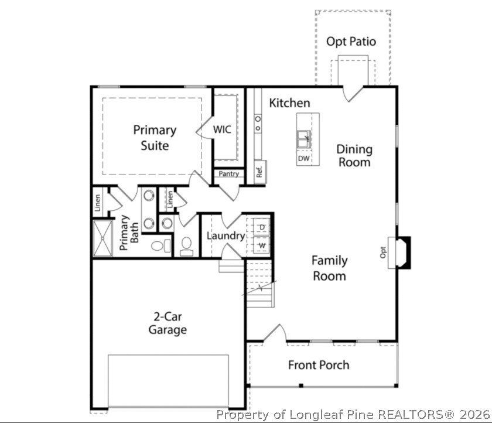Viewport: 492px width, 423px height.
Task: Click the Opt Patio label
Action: pyautogui.click(x=351, y=42)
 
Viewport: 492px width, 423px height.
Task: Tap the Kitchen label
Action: pyautogui.click(x=289, y=103)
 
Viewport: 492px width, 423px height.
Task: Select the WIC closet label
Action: pyautogui.click(x=222, y=129)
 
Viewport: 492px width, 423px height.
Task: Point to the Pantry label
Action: pyautogui.click(x=228, y=174)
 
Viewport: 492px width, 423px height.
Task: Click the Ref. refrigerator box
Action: pyautogui.click(x=259, y=172)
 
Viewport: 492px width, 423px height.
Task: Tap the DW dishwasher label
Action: pyautogui.click(x=303, y=159)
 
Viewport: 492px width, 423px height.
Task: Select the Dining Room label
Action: pyautogui.click(x=354, y=155)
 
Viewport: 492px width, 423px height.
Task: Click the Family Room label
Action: pyautogui.click(x=329, y=268)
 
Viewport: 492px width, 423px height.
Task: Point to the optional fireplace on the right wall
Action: pyautogui.click(x=402, y=251)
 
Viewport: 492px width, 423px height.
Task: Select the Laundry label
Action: pyautogui.click(x=225, y=236)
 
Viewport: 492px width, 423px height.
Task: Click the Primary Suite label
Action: pyautogui.click(x=155, y=137)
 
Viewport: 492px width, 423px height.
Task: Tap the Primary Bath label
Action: pyautogui.click(x=129, y=233)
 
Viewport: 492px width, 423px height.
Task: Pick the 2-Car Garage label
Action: pyautogui.click(x=168, y=323)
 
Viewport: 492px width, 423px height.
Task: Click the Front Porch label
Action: pyautogui.click(x=318, y=365)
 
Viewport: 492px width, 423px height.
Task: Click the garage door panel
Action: pyautogui.click(x=168, y=381)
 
